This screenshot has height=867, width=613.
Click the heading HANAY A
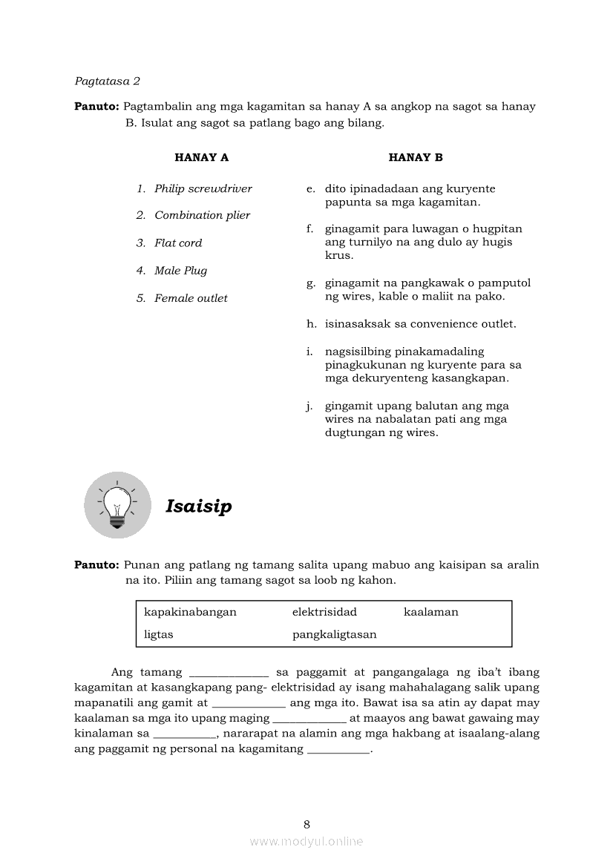tap(201, 157)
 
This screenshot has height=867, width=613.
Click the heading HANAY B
tap(416, 157)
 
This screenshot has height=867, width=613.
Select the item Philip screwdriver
tap(203, 188)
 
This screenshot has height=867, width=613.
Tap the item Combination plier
tap(202, 215)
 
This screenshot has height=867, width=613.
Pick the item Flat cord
tap(178, 243)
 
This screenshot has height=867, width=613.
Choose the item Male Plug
tap(180, 271)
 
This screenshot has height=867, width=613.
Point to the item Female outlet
tap(191, 298)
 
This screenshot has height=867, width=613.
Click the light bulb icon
tap(117, 505)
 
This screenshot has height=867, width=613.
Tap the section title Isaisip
tap(199, 507)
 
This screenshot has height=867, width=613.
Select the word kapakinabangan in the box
tap(190, 612)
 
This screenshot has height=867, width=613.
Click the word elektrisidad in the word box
tap(324, 612)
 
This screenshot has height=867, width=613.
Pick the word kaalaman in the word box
tap(430, 612)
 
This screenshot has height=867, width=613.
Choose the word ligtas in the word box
tap(159, 634)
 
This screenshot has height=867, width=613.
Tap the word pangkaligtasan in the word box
tap(334, 634)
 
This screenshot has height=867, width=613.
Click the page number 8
tap(306, 824)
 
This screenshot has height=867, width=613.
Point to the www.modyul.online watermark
tap(306, 841)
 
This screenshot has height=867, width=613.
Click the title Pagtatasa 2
tap(108, 81)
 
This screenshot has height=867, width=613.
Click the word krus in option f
tap(338, 255)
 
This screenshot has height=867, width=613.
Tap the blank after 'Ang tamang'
tap(229, 673)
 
